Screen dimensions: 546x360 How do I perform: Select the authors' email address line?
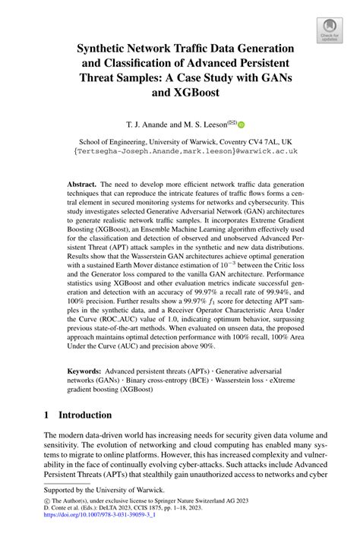coord(180,151)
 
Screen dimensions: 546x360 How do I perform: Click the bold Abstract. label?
coord(89,184)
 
